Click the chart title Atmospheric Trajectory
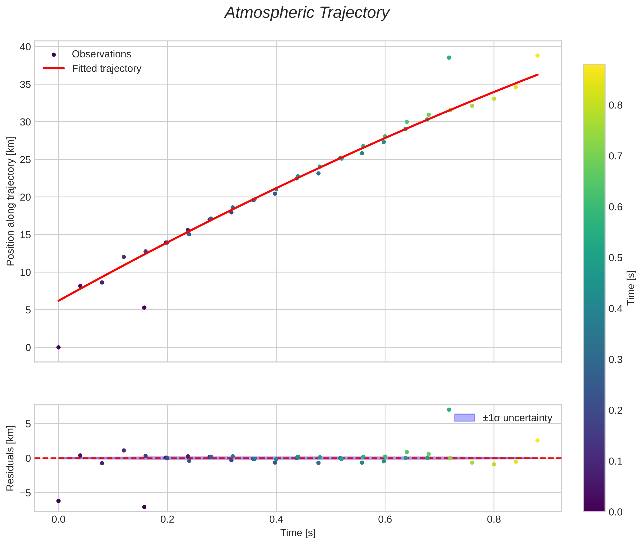307,13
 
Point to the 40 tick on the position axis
26,47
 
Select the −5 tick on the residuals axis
24,493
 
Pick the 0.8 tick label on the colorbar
615,105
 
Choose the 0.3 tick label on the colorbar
615,360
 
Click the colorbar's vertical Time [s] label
631,288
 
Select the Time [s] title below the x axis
298,533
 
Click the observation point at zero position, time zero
58,348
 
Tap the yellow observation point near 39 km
537,55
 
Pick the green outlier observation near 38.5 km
449,58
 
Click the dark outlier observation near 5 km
144,307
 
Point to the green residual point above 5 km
449,410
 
